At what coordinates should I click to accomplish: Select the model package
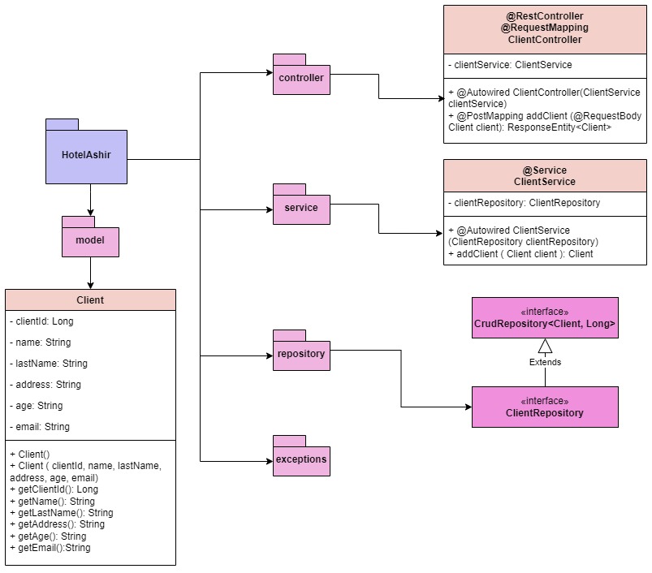[90, 241]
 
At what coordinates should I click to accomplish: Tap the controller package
[301, 79]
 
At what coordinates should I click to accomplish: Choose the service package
[301, 209]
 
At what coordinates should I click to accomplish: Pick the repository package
[301, 355]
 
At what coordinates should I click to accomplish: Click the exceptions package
[301, 459]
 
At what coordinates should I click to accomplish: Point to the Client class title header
[90, 300]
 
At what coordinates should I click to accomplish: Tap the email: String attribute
[40, 427]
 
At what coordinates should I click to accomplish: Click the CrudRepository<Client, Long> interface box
[545, 317]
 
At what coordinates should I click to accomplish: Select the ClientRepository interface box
[545, 407]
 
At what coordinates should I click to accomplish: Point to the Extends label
[545, 362]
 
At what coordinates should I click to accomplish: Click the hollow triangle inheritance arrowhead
[545, 346]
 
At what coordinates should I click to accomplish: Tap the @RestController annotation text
[545, 16]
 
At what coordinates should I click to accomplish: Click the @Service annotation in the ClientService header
[545, 170]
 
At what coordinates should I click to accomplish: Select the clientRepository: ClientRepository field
[525, 203]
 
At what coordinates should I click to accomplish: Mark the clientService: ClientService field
[510, 65]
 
